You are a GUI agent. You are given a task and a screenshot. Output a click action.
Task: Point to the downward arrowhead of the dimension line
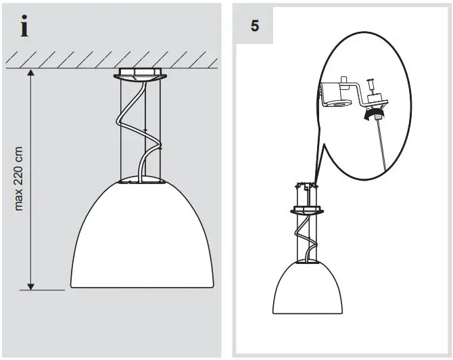(x=29, y=285)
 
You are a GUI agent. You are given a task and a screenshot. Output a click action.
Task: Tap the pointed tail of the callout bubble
(x=314, y=179)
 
